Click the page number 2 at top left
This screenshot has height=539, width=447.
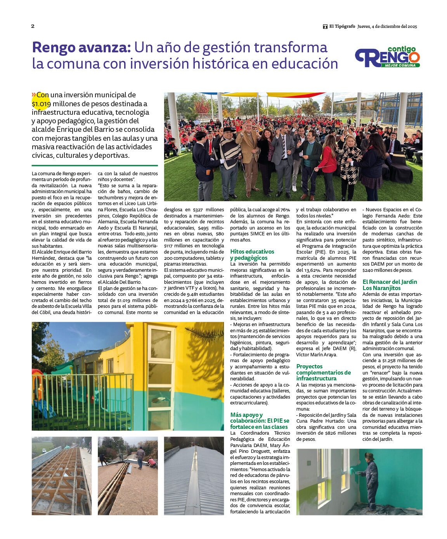tap(33, 26)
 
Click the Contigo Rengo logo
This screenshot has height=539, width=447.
tap(387, 57)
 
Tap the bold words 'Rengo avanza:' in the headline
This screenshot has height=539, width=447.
tap(81, 48)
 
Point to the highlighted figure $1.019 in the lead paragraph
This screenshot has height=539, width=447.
tap(41, 104)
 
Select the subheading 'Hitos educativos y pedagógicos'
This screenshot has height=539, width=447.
tap(252, 255)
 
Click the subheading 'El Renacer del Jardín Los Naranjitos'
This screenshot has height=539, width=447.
tap(390, 285)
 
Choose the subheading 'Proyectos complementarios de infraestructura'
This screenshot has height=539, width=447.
tap(323, 372)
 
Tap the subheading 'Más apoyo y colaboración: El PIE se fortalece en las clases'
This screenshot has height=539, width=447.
tap(260, 421)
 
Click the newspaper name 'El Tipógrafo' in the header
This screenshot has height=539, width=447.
tap(342, 26)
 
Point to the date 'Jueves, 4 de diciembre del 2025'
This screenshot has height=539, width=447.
tap(387, 26)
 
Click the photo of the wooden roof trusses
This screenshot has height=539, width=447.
tap(62, 476)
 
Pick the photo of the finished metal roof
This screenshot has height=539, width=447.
tap(194, 476)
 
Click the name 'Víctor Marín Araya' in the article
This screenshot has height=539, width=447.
tap(317, 354)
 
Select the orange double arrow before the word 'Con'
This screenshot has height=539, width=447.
tap(34, 95)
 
